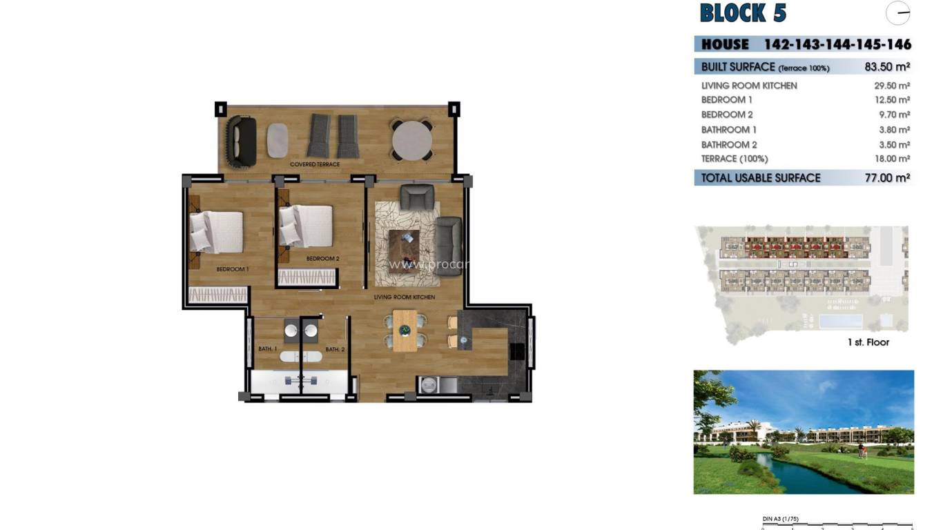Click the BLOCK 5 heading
(743, 13)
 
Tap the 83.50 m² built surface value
(886, 67)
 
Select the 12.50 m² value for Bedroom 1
(891, 100)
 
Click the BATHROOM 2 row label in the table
(729, 145)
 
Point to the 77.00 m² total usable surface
(886, 178)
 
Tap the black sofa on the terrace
(241, 141)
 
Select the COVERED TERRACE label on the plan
(315, 164)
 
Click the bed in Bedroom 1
(216, 232)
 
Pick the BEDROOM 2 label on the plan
(322, 259)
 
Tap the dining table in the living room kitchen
(405, 331)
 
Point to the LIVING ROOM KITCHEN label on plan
(404, 297)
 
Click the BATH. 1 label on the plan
(267, 349)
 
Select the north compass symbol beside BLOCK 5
(897, 13)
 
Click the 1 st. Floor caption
(868, 342)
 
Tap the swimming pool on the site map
(841, 322)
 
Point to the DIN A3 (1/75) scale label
(780, 519)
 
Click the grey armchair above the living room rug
(417, 197)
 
